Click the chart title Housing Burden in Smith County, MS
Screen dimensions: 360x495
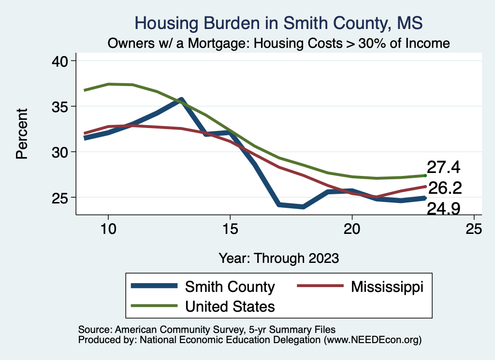tap(278, 23)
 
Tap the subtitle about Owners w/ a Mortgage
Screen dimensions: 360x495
tap(278, 43)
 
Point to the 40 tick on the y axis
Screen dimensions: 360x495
tap(61, 61)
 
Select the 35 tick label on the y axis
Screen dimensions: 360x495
tap(61, 106)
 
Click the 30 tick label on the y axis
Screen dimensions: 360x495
tap(61, 152)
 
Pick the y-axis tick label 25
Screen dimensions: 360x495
tap(61, 198)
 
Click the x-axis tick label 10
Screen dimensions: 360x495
tap(108, 229)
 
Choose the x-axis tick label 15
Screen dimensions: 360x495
tap(230, 229)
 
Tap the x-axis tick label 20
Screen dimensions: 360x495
tap(352, 229)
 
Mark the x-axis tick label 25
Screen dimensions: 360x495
tap(474, 229)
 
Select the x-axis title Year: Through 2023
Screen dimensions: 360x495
tap(278, 258)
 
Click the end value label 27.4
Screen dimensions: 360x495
tap(443, 168)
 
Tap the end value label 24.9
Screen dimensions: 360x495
tap(443, 209)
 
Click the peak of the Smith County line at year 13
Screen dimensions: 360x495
tap(181, 100)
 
